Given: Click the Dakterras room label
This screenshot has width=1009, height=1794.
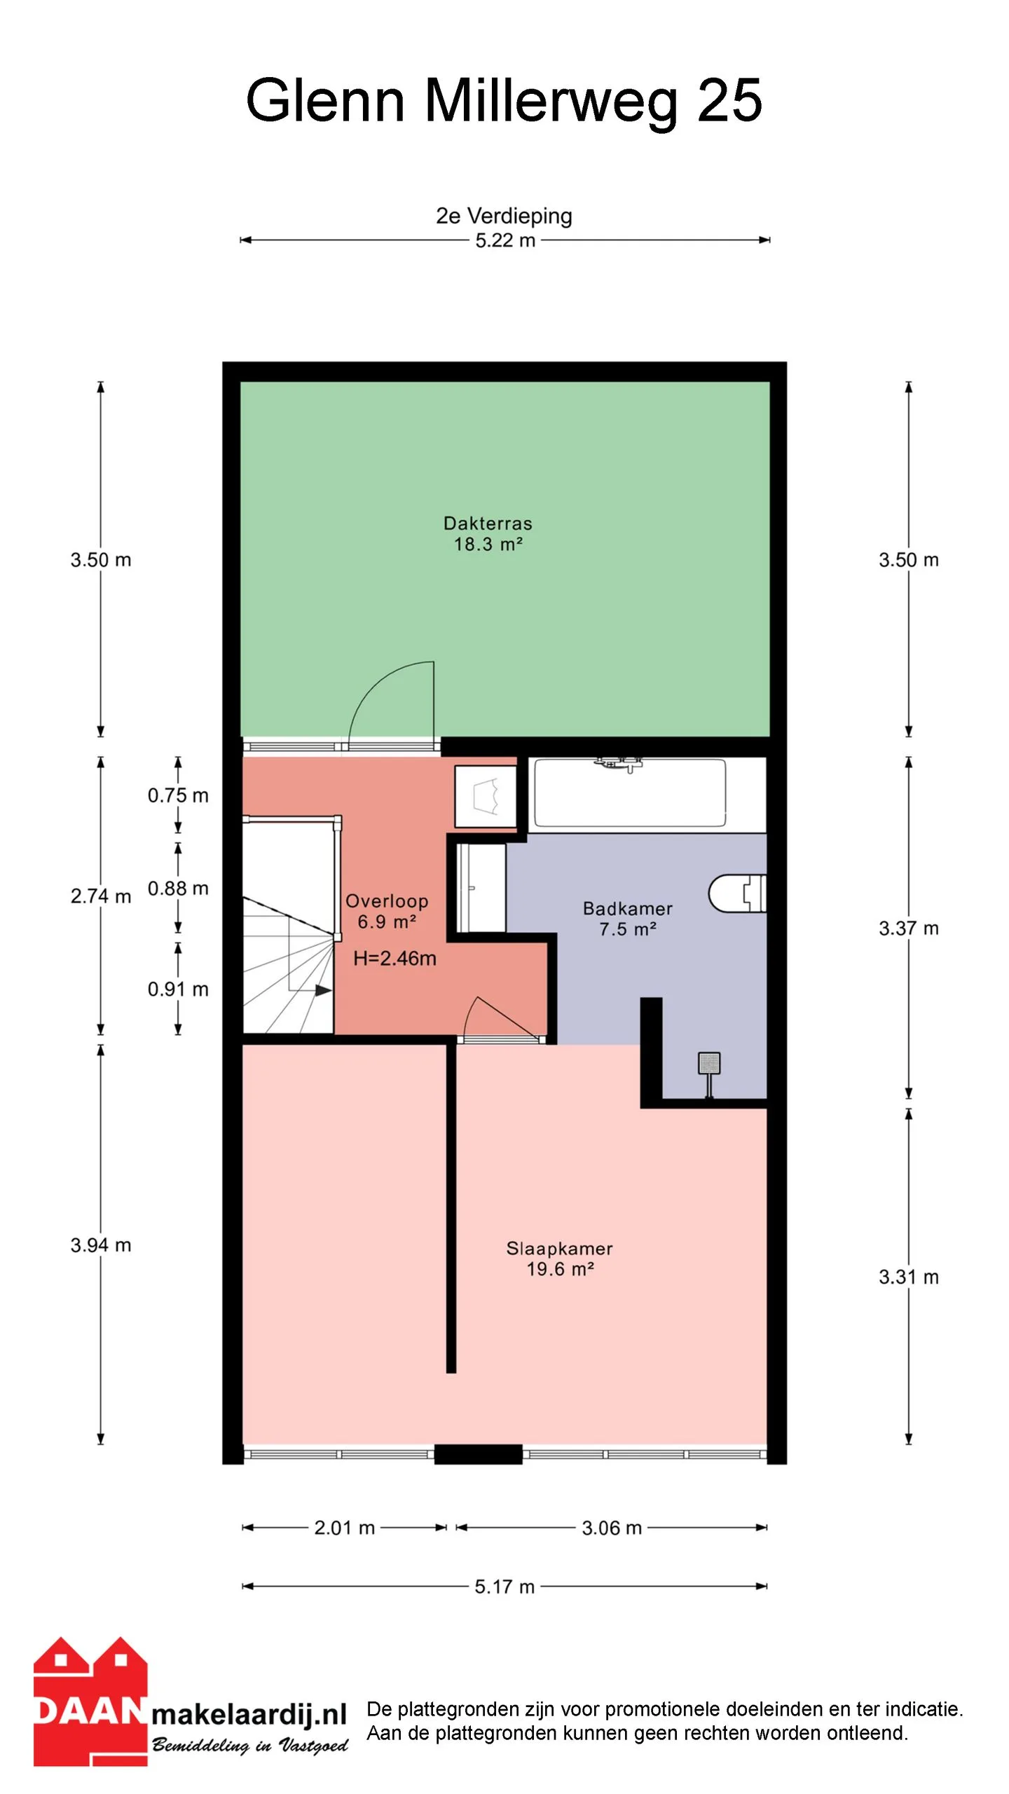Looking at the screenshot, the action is pyautogui.click(x=488, y=523).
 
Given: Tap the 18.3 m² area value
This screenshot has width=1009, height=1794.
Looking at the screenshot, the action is pyautogui.click(x=488, y=544).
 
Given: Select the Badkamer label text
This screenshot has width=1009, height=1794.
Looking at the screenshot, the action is pyautogui.click(x=627, y=909).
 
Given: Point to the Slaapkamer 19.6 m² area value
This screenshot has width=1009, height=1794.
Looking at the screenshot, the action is pyautogui.click(x=560, y=1269).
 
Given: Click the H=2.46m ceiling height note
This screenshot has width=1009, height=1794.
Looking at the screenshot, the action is pyautogui.click(x=394, y=958).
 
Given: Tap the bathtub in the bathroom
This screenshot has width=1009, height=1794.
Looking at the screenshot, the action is pyautogui.click(x=630, y=793).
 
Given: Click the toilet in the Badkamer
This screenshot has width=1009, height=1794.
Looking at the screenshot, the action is pyautogui.click(x=737, y=893).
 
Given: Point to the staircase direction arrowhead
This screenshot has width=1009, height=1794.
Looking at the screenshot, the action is pyautogui.click(x=323, y=990).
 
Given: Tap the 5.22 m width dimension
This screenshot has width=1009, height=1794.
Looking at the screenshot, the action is pyautogui.click(x=505, y=240).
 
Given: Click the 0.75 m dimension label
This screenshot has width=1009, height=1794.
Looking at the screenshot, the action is pyautogui.click(x=178, y=795).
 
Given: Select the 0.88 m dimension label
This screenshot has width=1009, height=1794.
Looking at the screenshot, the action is pyautogui.click(x=178, y=889).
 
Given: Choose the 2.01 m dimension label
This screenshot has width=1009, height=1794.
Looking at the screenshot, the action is pyautogui.click(x=345, y=1528).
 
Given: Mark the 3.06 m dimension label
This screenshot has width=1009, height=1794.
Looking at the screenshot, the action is pyautogui.click(x=612, y=1528).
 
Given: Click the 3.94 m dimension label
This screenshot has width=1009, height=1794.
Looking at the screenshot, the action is pyautogui.click(x=101, y=1245).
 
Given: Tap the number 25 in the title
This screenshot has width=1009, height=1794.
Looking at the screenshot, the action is pyautogui.click(x=729, y=100).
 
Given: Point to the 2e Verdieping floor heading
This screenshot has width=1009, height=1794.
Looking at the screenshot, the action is pyautogui.click(x=504, y=216).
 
